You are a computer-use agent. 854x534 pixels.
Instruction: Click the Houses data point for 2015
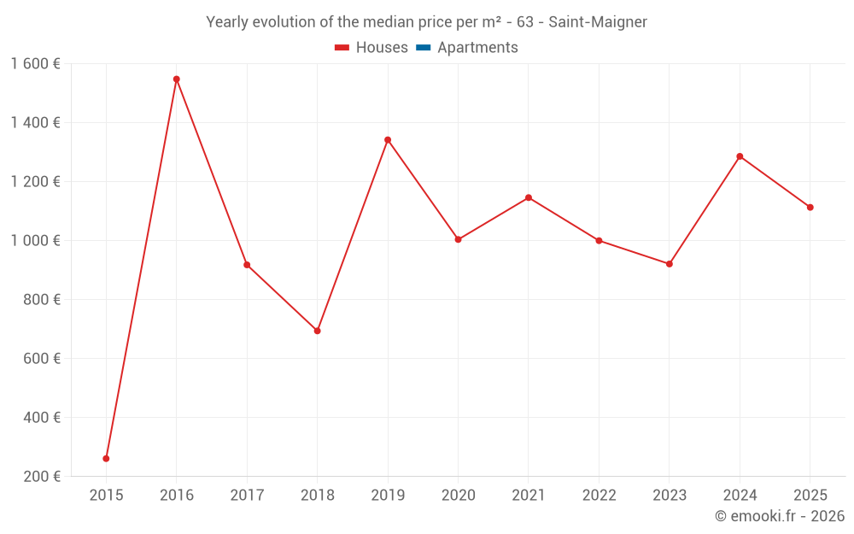tap(106, 459)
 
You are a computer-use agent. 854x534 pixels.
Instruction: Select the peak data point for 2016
tap(177, 79)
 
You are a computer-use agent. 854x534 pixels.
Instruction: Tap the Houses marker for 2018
tap(318, 331)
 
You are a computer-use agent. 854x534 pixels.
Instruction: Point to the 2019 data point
tap(388, 140)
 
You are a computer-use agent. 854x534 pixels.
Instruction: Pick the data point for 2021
tap(529, 197)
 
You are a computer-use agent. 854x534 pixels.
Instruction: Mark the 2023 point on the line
tap(670, 264)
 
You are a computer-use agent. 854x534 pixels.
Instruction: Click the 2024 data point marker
tap(740, 156)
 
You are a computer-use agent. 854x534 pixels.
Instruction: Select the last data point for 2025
tap(810, 208)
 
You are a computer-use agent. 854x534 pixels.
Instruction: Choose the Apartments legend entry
tap(477, 48)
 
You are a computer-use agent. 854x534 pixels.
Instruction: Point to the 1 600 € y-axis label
tap(36, 64)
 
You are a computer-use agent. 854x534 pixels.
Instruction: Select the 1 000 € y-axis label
tap(36, 241)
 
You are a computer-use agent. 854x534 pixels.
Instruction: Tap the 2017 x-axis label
tap(247, 496)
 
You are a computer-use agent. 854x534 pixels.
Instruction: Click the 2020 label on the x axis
tap(459, 496)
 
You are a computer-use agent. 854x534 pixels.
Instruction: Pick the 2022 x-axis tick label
tap(599, 496)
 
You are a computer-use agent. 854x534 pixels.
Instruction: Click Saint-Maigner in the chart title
tap(598, 21)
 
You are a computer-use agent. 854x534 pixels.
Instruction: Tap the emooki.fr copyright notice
tap(780, 516)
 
